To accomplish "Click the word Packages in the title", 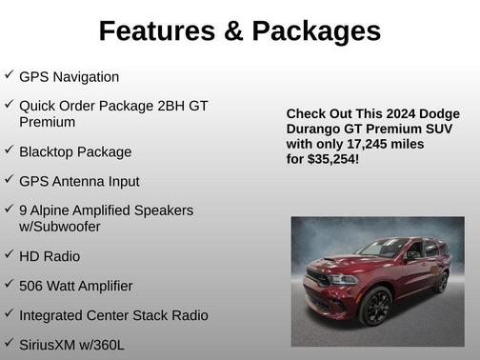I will [317, 31].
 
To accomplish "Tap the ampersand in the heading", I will [232, 31].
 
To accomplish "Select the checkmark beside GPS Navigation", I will [9, 75].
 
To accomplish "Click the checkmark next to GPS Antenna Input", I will [9, 180].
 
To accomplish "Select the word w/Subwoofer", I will [59, 227].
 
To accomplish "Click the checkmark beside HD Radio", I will [9, 255].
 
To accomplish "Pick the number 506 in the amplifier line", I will [31, 286].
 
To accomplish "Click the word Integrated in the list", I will [51, 314].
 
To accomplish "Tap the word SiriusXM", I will [50, 343].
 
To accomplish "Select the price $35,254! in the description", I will [332, 159].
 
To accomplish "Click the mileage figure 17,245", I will [350, 144].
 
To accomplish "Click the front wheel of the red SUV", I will [377, 307].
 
